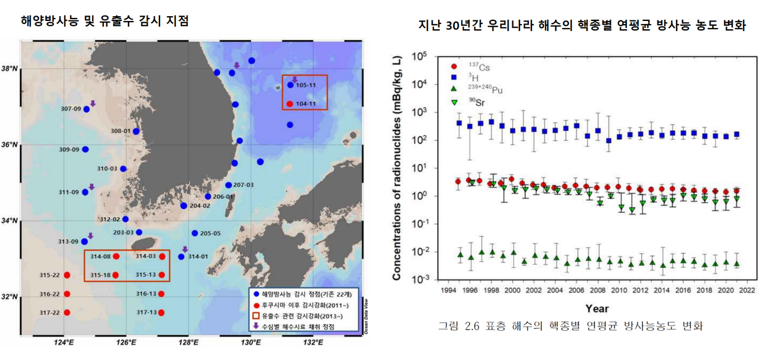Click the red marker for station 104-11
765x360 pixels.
point(290,104)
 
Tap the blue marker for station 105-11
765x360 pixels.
point(290,85)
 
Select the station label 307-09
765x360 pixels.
point(71,109)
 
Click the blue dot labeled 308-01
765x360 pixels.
point(136,131)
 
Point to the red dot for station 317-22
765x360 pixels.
point(67,312)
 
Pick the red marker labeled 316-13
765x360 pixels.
point(161,294)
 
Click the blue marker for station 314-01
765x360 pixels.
point(182,257)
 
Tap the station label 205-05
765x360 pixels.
point(210,233)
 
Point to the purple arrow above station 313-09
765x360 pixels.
point(90,236)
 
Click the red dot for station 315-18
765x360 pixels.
point(115,275)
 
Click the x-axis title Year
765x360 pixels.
point(596,309)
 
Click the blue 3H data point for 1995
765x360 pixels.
point(459,123)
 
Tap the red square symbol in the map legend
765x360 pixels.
point(256,315)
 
